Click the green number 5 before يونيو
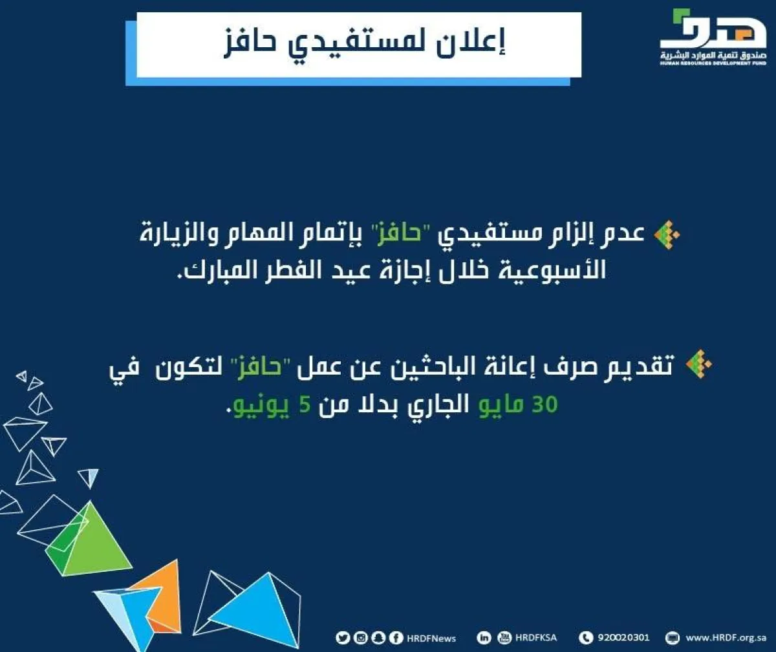[x=305, y=405]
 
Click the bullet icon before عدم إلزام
[x=667, y=235]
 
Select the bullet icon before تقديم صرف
[x=698, y=364]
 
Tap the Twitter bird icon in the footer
[x=342, y=638]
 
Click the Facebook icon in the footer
[x=396, y=638]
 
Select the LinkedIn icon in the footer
[x=484, y=638]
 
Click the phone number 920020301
[x=623, y=638]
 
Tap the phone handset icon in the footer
[x=586, y=638]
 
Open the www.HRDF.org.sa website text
[x=726, y=638]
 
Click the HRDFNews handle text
[x=431, y=638]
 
